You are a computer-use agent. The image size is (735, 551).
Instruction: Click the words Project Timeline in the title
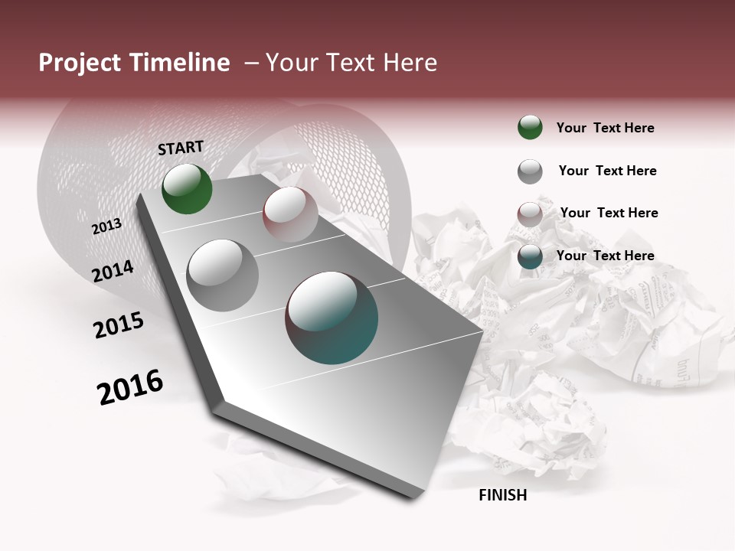pos(134,63)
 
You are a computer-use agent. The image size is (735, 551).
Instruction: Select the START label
pos(181,148)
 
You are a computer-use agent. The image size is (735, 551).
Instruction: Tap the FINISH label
pos(502,495)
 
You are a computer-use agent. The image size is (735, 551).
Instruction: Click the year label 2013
pos(106,227)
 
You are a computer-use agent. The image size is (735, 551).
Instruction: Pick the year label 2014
pos(113,272)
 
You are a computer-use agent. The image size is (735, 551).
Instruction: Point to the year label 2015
pos(119,325)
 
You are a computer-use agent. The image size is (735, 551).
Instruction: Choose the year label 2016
pos(130,386)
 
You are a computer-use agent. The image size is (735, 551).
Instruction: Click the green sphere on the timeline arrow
pos(187,188)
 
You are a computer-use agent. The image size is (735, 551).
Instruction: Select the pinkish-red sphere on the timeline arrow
pos(290,215)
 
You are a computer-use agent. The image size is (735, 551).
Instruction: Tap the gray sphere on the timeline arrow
pos(223,275)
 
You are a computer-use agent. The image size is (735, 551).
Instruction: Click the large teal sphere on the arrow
pos(332,318)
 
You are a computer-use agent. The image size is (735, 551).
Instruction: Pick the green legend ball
pos(530,127)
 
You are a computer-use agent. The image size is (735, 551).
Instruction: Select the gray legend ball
pos(530,171)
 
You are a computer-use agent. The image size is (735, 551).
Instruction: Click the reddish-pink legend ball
pos(530,214)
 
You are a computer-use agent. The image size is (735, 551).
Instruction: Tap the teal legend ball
pos(530,257)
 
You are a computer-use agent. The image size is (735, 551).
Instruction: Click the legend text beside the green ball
pos(605,128)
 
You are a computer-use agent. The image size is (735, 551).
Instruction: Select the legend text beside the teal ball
pos(605,256)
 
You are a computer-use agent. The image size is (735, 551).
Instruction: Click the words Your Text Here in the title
pos(351,63)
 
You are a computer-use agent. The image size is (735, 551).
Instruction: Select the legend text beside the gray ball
pos(607,171)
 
